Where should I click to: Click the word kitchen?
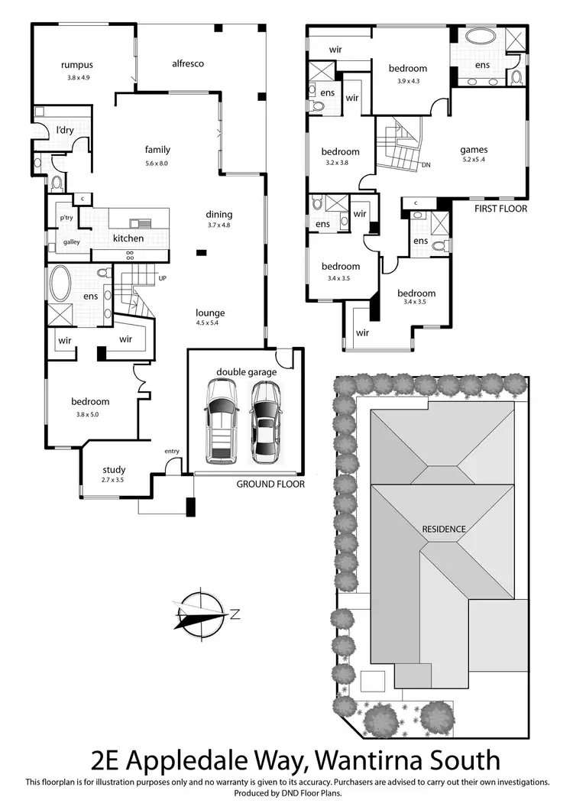click(128, 238)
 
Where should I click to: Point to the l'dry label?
click(64, 131)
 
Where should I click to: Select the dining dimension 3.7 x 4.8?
click(219, 225)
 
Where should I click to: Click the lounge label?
click(210, 313)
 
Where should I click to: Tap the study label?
click(114, 470)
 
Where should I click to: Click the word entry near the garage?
click(171, 452)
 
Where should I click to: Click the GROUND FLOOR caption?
click(270, 484)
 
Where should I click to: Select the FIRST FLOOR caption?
click(500, 208)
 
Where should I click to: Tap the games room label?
click(474, 150)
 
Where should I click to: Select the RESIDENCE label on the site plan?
click(444, 529)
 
